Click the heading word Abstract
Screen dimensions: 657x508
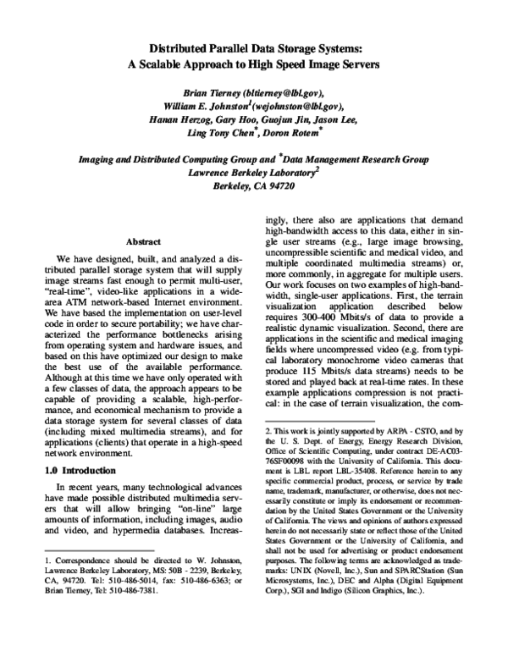(143, 241)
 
